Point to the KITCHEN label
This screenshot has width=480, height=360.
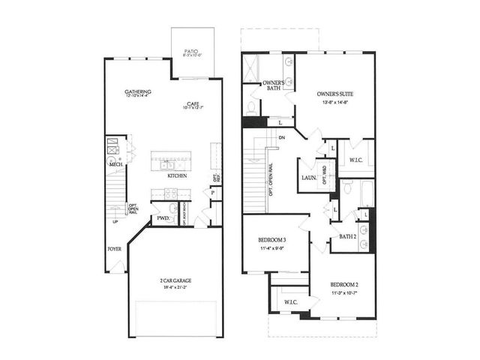click(x=177, y=176)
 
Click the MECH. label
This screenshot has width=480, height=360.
click(x=115, y=164)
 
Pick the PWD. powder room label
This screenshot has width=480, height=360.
click(x=162, y=218)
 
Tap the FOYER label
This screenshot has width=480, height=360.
click(x=114, y=248)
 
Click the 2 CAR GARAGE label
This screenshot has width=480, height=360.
click(x=175, y=280)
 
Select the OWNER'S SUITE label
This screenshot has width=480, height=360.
click(x=335, y=94)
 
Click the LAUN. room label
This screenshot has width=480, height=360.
click(x=307, y=178)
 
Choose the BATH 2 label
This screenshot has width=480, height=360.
click(x=347, y=236)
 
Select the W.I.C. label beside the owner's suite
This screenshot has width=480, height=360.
click(x=356, y=160)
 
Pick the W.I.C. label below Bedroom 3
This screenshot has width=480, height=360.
click(x=291, y=302)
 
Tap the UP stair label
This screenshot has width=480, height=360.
click(x=115, y=221)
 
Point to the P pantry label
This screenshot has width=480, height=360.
click(x=213, y=193)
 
